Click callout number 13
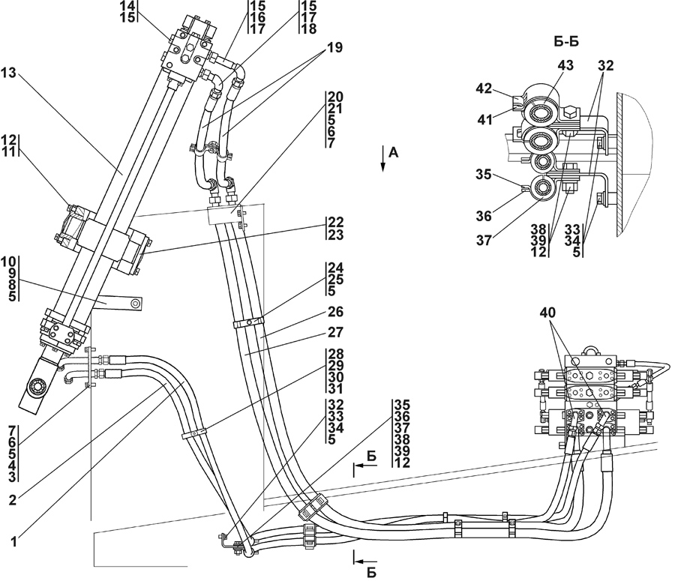coord(8,73)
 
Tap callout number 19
coord(335,48)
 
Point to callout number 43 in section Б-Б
coord(565,65)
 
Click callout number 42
coord(484,88)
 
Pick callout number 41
coord(485,119)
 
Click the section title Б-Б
coord(565,42)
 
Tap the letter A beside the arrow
coord(394,152)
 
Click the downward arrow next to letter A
coord(382,159)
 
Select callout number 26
coord(335,312)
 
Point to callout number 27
coord(335,332)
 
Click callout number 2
coord(13,500)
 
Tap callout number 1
coord(13,541)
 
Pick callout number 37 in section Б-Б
coord(484,241)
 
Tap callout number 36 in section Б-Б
coord(484,216)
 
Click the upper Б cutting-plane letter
coord(371,457)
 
